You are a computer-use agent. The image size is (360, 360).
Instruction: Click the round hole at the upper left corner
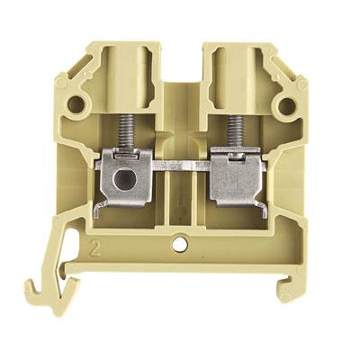click(x=75, y=104)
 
